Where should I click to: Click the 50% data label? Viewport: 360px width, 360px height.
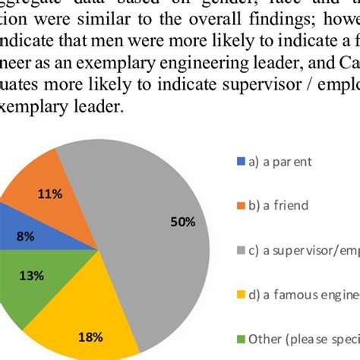[182, 222]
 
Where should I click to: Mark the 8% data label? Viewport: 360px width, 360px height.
[25, 236]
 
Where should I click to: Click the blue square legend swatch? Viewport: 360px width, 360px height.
[242, 161]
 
